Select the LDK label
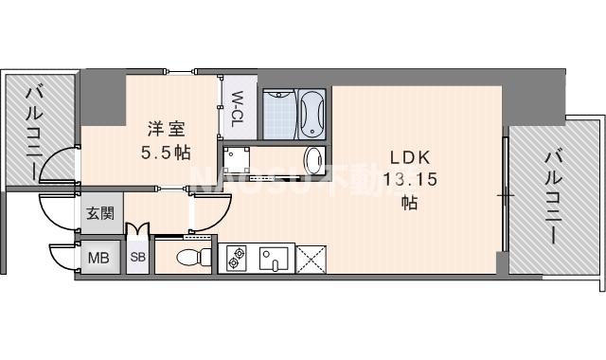(x=410, y=157)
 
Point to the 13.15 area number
(x=410, y=179)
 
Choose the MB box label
(x=98, y=257)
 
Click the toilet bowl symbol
(x=193, y=257)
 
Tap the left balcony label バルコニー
(x=37, y=133)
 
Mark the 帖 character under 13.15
(x=410, y=202)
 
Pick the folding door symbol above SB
(x=138, y=230)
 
